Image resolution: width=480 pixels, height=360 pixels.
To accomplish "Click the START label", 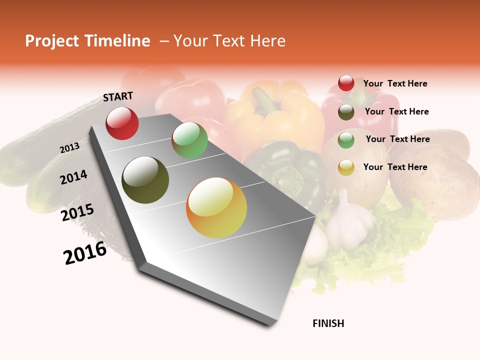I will click(118, 96).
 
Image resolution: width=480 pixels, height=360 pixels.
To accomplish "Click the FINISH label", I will click(328, 323).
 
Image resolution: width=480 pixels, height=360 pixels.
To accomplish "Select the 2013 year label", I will click(70, 147).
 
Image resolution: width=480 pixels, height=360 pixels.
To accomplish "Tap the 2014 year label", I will click(73, 177).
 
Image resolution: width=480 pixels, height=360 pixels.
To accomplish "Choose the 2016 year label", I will click(85, 253).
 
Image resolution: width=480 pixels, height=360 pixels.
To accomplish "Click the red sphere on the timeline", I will click(122, 123).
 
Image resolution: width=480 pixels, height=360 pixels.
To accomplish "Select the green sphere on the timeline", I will click(189, 140).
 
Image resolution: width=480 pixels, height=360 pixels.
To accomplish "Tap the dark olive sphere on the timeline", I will click(145, 180).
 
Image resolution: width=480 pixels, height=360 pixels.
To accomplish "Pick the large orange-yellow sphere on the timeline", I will click(216, 207).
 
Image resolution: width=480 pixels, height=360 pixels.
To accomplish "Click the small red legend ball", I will click(346, 83).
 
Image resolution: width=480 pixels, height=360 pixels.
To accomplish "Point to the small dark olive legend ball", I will click(346, 112).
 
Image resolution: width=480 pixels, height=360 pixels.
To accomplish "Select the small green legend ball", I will click(346, 140).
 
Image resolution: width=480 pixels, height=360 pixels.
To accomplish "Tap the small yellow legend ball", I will click(346, 167).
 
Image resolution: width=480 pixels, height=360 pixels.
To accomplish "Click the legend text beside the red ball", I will click(395, 83).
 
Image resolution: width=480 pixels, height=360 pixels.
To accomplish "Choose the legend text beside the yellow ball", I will click(395, 167).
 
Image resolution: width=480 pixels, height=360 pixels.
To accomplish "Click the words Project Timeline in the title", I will click(87, 41).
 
